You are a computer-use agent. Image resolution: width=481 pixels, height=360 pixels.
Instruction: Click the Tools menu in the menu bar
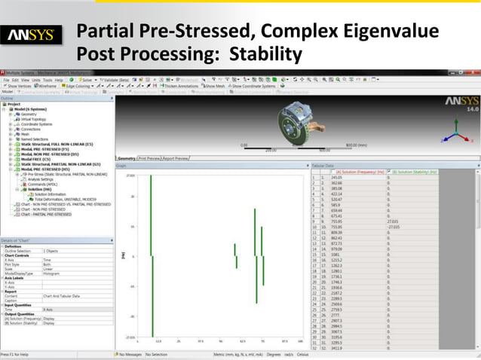point(47,79)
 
